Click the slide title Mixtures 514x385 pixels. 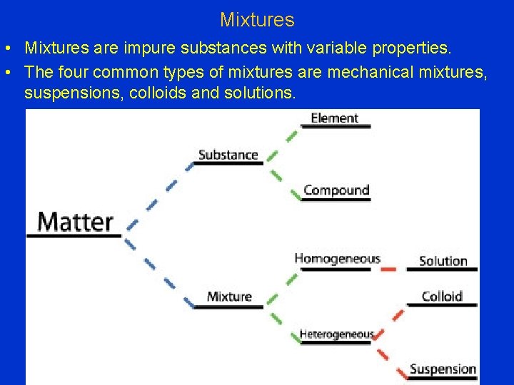pyautogui.click(x=257, y=19)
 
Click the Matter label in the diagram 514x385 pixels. pyautogui.click(x=75, y=222)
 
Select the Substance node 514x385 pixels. pyautogui.click(x=228, y=155)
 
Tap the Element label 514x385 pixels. pyautogui.click(x=334, y=118)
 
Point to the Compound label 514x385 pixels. pyautogui.click(x=336, y=190)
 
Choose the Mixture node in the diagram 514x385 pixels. pyautogui.click(x=229, y=297)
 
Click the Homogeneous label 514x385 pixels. pyautogui.click(x=337, y=259)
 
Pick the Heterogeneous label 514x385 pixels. pyautogui.click(x=336, y=334)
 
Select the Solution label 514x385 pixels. pyautogui.click(x=443, y=261)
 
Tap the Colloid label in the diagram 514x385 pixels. pyautogui.click(x=442, y=296)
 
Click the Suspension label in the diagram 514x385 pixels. pyautogui.click(x=443, y=369)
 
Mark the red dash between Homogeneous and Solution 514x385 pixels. pyautogui.click(x=388, y=269)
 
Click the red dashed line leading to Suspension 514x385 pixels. pyautogui.click(x=389, y=354)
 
